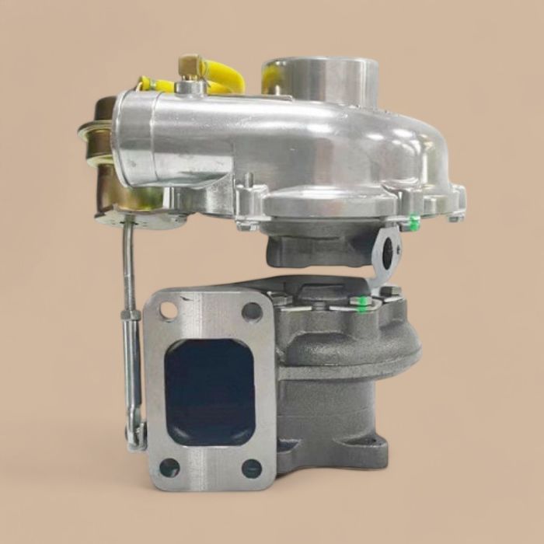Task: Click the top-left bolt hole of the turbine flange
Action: click(169, 311)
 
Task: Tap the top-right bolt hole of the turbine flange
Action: click(252, 312)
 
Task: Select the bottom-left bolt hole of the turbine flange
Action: click(169, 467)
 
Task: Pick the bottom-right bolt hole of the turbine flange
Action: click(252, 468)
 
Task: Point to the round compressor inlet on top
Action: click(320, 78)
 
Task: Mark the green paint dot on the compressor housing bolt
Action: click(414, 223)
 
